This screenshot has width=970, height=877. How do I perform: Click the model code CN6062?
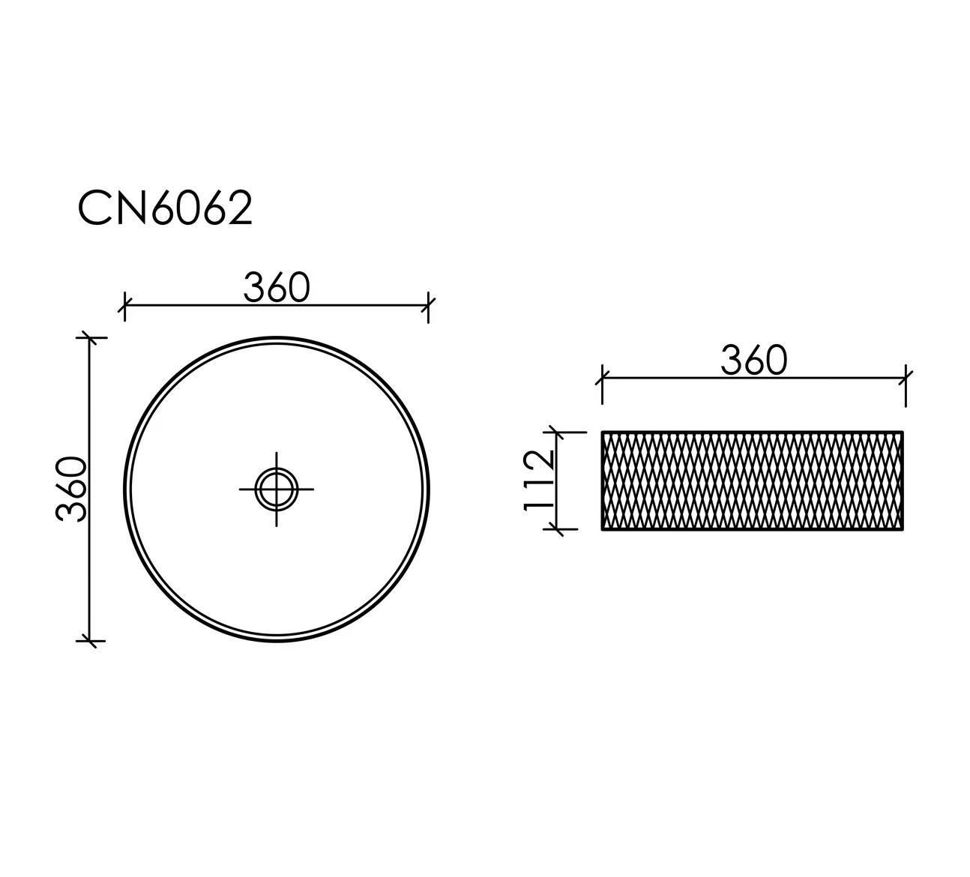165,208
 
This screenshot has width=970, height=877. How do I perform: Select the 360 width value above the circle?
277,288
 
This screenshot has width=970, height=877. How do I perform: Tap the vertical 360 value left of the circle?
71,489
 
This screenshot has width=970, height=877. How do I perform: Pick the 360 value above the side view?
754,360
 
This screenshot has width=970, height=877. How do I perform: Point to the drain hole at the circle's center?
276,489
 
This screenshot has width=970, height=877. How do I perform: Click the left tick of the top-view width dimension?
124,306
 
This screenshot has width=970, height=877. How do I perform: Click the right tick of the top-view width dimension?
429,306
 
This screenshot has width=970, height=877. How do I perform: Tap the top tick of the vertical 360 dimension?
90,337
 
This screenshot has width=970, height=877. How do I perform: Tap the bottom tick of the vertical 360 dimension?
90,641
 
